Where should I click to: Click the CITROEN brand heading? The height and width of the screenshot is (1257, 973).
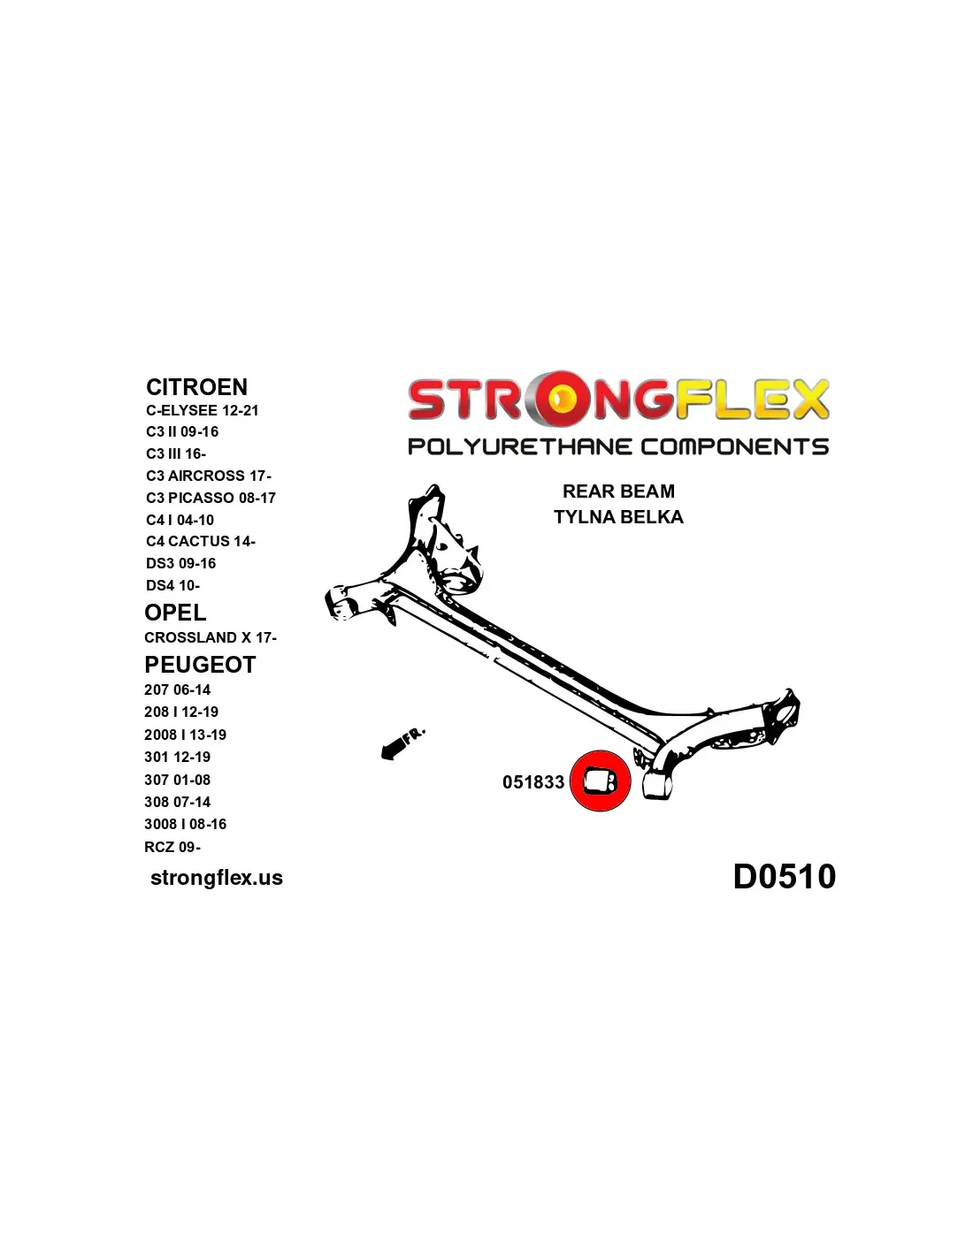pyautogui.click(x=196, y=387)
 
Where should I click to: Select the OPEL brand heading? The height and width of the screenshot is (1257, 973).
pyautogui.click(x=175, y=613)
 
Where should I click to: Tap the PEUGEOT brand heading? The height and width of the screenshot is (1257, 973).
pyautogui.click(x=200, y=665)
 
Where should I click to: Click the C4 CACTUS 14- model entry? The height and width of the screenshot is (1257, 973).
pyautogui.click(x=201, y=541)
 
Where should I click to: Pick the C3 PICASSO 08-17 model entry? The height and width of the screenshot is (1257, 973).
pyautogui.click(x=211, y=498)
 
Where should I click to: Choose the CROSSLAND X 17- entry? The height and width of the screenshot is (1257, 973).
pyautogui.click(x=211, y=637)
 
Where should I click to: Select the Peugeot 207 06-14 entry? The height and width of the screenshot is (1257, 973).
pyautogui.click(x=177, y=689)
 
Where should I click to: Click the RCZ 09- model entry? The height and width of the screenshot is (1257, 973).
pyautogui.click(x=172, y=847)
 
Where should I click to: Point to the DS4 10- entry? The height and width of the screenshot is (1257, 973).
pyautogui.click(x=172, y=585)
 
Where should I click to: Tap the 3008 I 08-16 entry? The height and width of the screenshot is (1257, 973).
pyautogui.click(x=185, y=824)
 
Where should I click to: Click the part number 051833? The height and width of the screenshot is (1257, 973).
pyautogui.click(x=533, y=782)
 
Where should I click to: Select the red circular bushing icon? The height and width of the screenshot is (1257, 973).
pyautogui.click(x=600, y=781)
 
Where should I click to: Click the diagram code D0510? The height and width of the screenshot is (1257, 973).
pyautogui.click(x=785, y=877)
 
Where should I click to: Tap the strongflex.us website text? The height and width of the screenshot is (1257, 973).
pyautogui.click(x=217, y=878)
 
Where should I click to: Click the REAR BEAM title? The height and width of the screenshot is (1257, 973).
pyautogui.click(x=618, y=491)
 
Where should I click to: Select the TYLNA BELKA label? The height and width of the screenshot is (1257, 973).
pyautogui.click(x=618, y=517)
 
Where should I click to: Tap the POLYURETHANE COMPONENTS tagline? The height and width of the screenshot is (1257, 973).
pyautogui.click(x=618, y=446)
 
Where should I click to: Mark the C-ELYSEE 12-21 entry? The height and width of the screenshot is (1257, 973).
pyautogui.click(x=203, y=410)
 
